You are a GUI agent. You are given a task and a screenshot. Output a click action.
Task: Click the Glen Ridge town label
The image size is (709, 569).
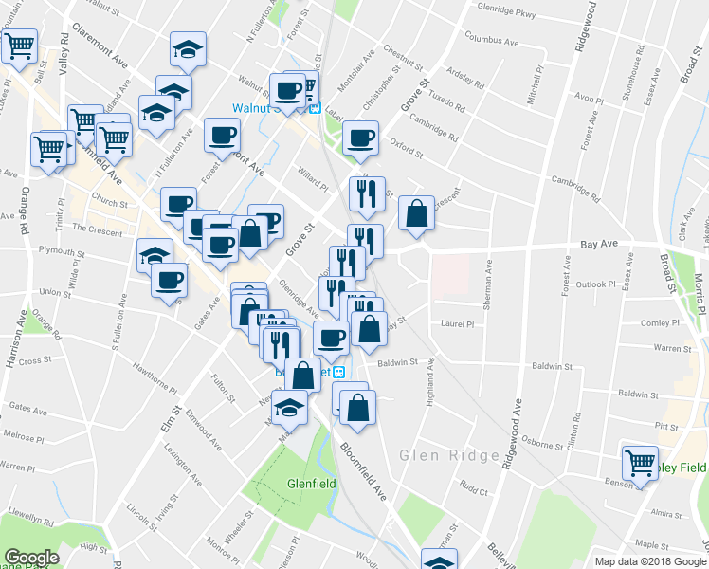click(449, 455)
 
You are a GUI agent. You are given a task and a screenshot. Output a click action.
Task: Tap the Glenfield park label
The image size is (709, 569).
click(309, 483)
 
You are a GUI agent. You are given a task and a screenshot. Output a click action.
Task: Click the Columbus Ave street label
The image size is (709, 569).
click(491, 42)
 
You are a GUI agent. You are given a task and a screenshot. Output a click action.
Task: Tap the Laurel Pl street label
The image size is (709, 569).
click(456, 323)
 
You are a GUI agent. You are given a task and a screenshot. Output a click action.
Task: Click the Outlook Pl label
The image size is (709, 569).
click(596, 284)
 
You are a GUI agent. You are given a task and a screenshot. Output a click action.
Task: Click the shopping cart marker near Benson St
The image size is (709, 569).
click(640, 463)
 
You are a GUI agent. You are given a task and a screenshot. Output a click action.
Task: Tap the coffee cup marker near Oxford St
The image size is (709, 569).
click(360, 138)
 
